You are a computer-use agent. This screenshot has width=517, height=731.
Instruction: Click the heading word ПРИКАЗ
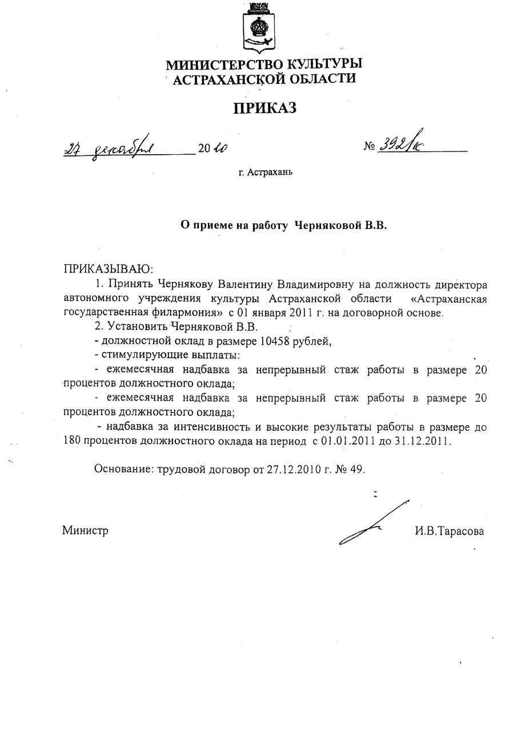coord(264,107)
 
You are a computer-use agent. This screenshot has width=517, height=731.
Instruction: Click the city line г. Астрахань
coord(266,171)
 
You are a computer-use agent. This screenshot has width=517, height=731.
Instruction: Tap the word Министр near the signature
coord(86,531)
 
